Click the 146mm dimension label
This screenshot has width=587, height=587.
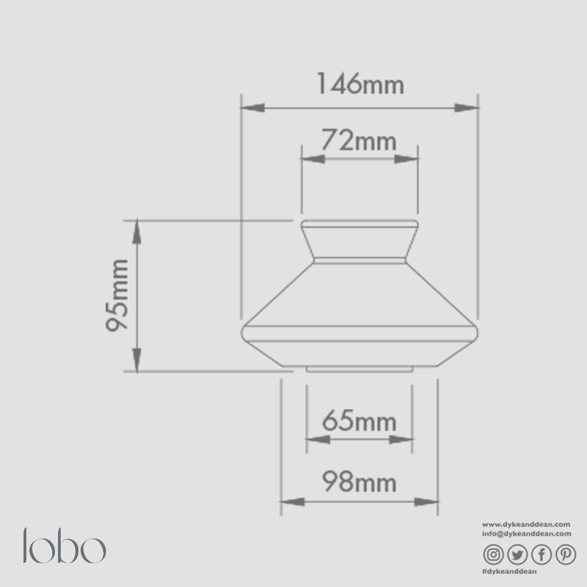pos(360,85)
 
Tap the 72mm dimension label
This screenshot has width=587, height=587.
pos(359,140)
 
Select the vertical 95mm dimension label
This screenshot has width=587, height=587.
pos(118,295)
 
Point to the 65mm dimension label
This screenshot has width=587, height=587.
pos(359,422)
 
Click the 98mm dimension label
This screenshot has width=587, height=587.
pos(359,483)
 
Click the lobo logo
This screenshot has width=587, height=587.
pos(64,547)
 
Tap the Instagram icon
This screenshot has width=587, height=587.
pos(494,554)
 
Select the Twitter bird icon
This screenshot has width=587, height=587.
pos(517,554)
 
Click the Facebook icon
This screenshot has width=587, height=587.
pos(541,554)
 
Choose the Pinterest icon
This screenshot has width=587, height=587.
pos(565,554)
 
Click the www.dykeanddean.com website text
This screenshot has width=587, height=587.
pos(526,524)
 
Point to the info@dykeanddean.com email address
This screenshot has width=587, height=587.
pos(526,534)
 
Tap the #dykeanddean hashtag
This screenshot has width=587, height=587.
pos(509,571)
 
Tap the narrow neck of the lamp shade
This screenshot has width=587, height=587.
pos(359,243)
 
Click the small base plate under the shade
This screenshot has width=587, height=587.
pos(359,369)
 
